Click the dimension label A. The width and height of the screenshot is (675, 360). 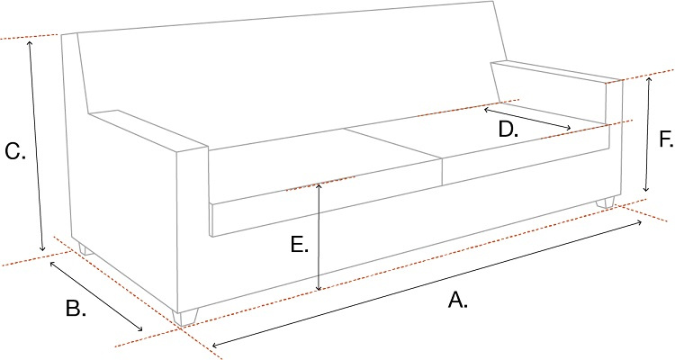pyautogui.click(x=457, y=301)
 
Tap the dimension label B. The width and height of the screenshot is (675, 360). pyautogui.click(x=76, y=308)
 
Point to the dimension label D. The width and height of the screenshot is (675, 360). pyautogui.click(x=508, y=130)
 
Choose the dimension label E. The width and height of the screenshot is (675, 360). pyautogui.click(x=300, y=245)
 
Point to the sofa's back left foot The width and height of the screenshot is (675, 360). pyautogui.click(x=83, y=248)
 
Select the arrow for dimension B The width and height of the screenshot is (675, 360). pyautogui.click(x=95, y=296)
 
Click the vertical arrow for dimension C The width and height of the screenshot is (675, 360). pyautogui.click(x=36, y=144)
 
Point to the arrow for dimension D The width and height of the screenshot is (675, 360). pyautogui.click(x=527, y=118)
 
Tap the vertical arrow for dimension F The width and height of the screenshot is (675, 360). pyautogui.click(x=647, y=135)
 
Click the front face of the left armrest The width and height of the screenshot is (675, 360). pyautogui.click(x=193, y=229)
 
